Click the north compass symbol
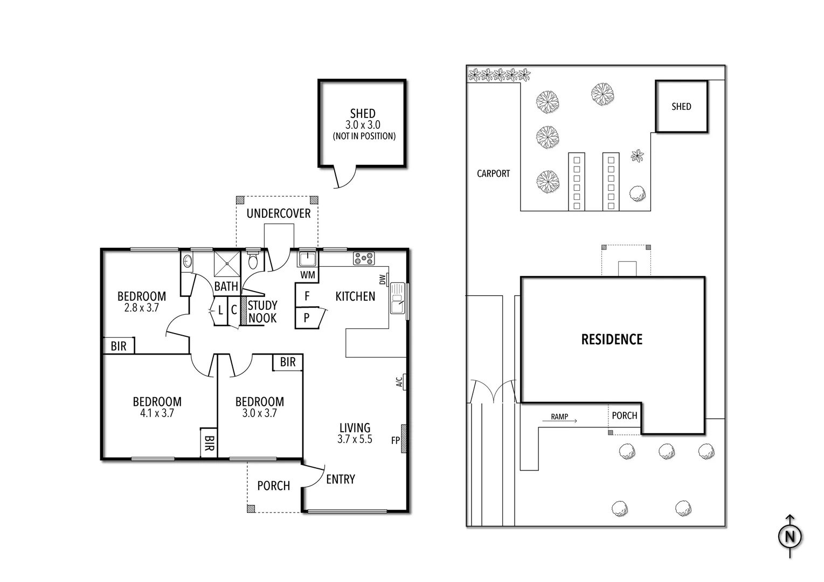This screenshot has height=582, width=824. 790,537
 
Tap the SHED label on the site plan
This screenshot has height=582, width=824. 681,107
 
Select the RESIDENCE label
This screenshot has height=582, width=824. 612,339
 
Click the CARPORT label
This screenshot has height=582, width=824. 493,174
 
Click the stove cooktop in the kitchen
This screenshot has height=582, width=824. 364,259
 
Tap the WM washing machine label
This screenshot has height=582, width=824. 307,275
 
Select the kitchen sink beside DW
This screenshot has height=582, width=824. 398,297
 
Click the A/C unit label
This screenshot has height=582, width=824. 400,382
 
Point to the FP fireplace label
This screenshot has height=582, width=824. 396,440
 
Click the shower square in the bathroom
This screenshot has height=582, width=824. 226,264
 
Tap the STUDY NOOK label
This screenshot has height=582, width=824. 262,312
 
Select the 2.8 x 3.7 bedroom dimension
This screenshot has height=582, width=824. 142,308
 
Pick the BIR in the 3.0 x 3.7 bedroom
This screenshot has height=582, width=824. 288,362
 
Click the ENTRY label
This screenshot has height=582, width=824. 341,479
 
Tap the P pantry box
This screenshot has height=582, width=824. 307,317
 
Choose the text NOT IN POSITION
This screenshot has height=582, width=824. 364,136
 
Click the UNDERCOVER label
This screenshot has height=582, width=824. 279,213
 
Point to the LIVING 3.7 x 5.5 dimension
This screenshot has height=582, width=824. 355,439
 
